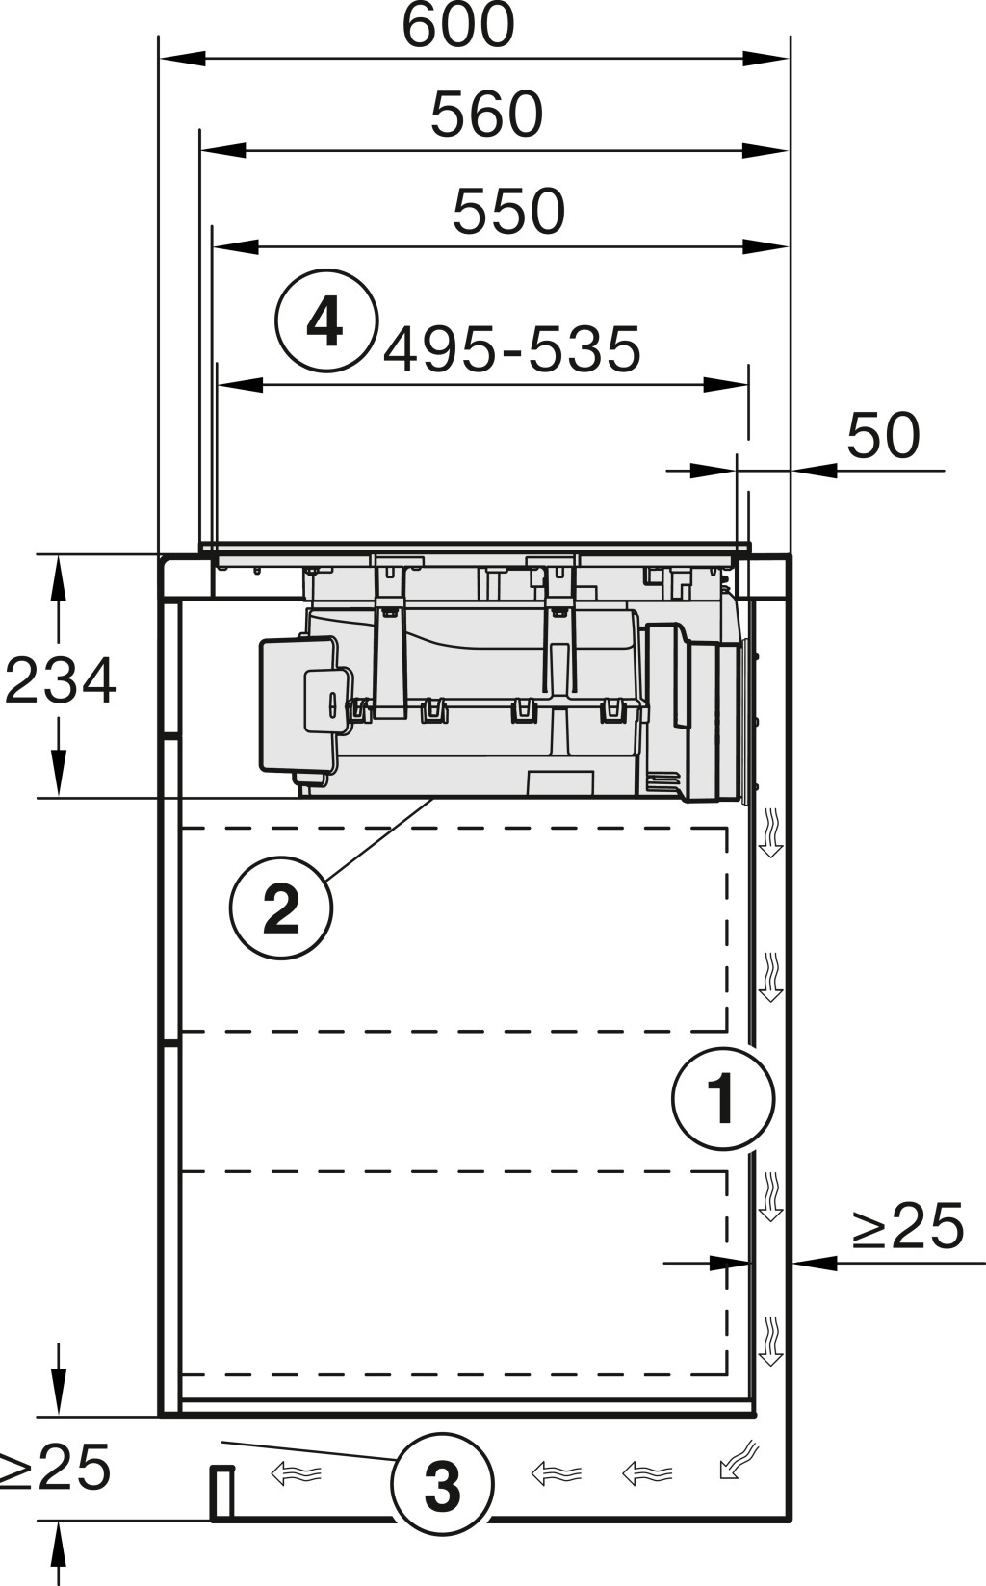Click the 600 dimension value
tap(457, 25)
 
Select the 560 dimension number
tap(486, 114)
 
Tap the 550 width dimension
tap(508, 211)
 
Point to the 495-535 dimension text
tap(511, 348)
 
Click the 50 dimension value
tap(883, 435)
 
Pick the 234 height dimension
tap(60, 680)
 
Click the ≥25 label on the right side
tap(908, 1226)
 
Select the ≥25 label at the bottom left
tap(54, 1467)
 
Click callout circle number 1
tap(723, 1099)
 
